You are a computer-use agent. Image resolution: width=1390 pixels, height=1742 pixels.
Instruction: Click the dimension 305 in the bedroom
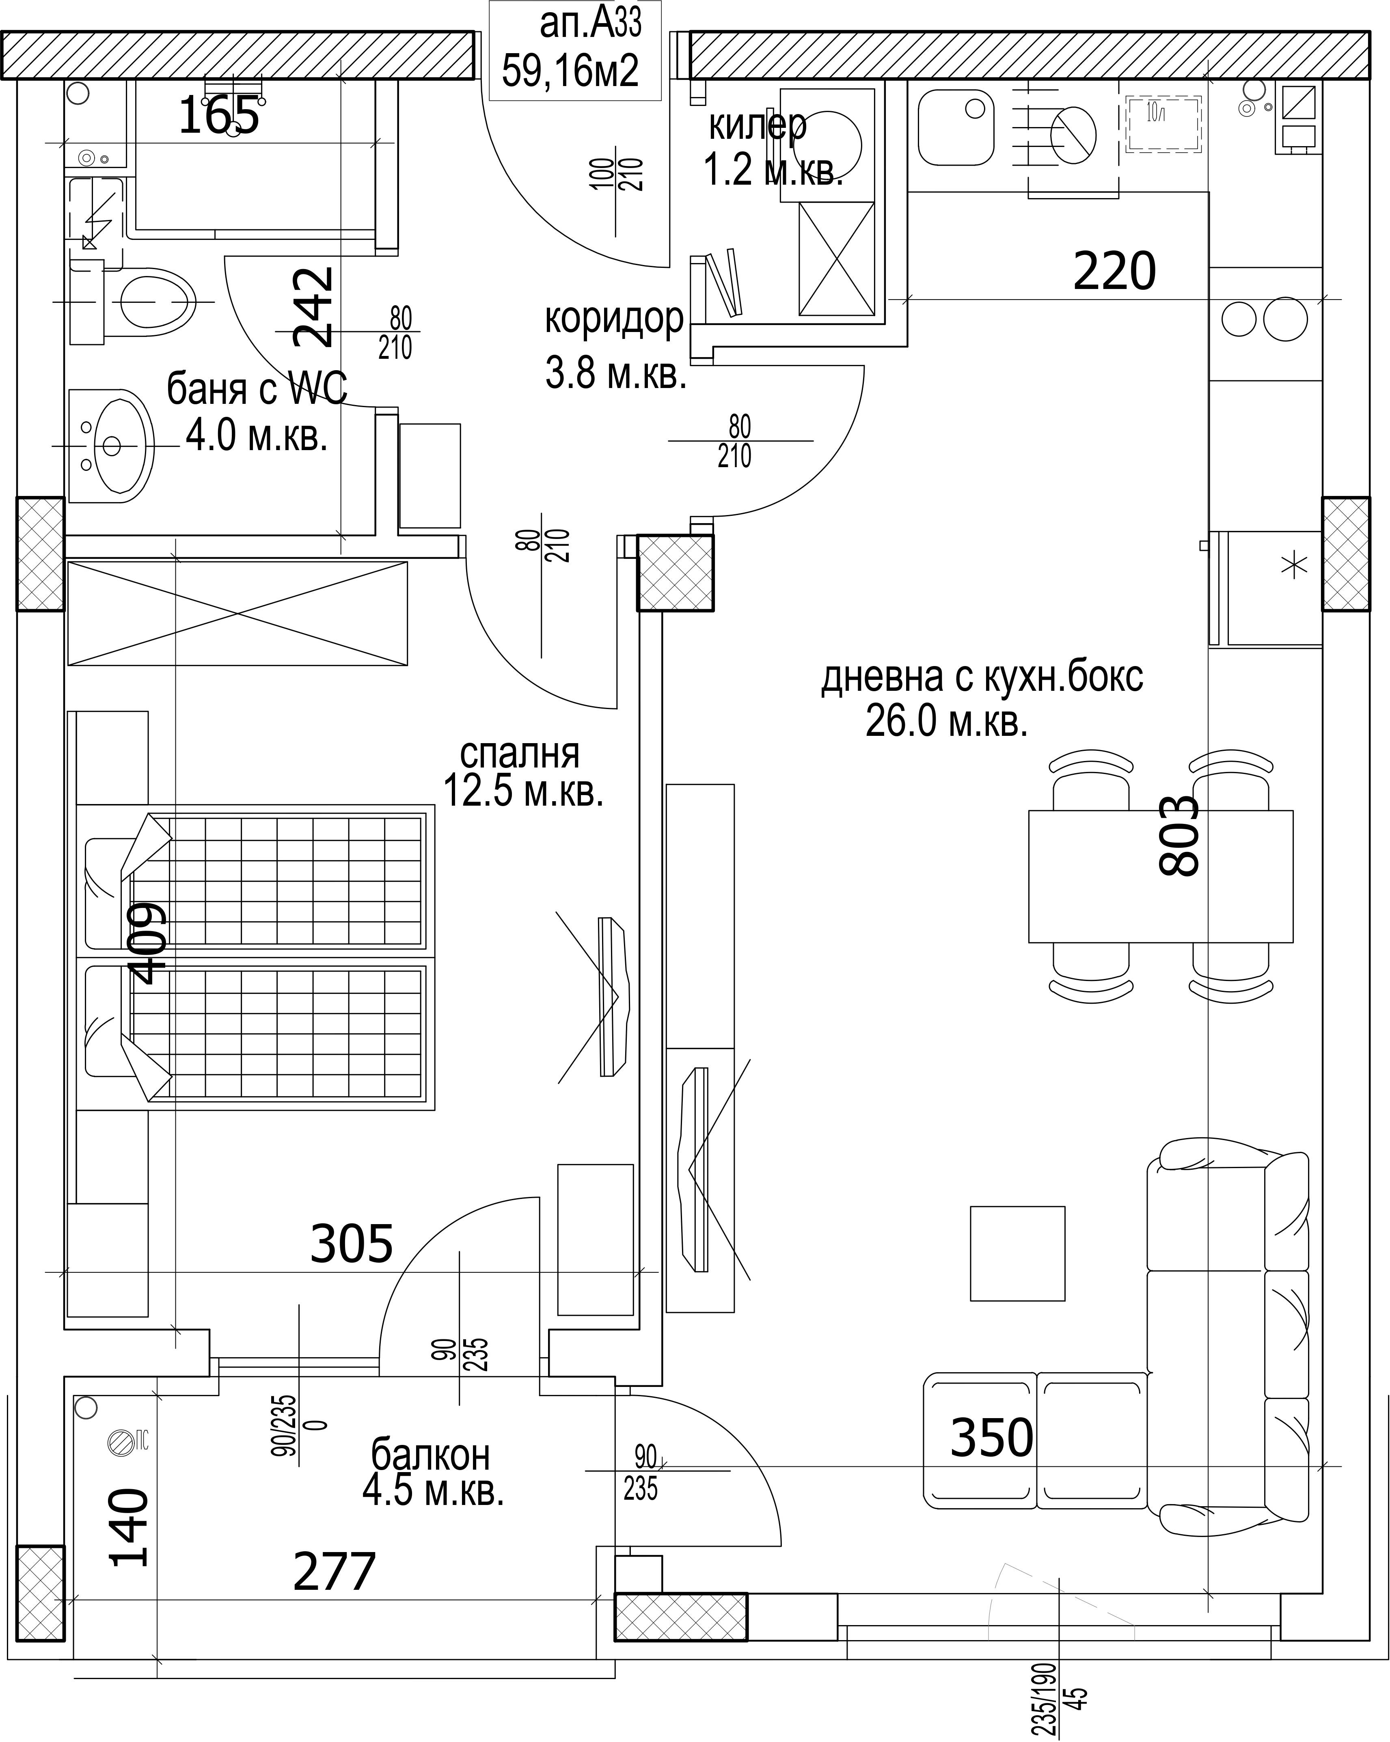352,1244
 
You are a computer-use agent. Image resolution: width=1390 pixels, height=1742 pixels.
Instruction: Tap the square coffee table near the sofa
1017,1254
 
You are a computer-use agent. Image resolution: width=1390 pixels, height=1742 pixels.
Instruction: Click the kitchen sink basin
956,127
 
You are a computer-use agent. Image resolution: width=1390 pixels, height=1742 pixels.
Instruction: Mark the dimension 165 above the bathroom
219,115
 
